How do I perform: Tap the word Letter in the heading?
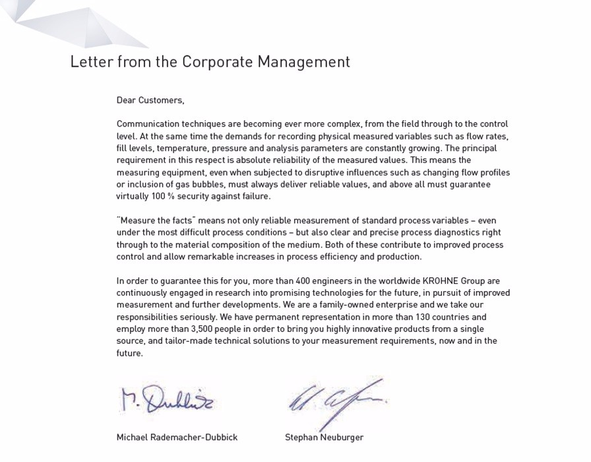pyautogui.click(x=91, y=62)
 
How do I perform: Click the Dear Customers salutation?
pyautogui.click(x=150, y=100)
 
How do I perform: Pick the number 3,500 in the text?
pyautogui.click(x=205, y=329)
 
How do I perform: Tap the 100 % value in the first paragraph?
pyautogui.click(x=162, y=196)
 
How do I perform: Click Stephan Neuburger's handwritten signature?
pyautogui.click(x=336, y=401)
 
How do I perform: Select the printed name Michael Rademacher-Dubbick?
pyautogui.click(x=177, y=438)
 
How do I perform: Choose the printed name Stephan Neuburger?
pyautogui.click(x=324, y=438)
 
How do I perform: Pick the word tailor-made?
pyautogui.click(x=185, y=341)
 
